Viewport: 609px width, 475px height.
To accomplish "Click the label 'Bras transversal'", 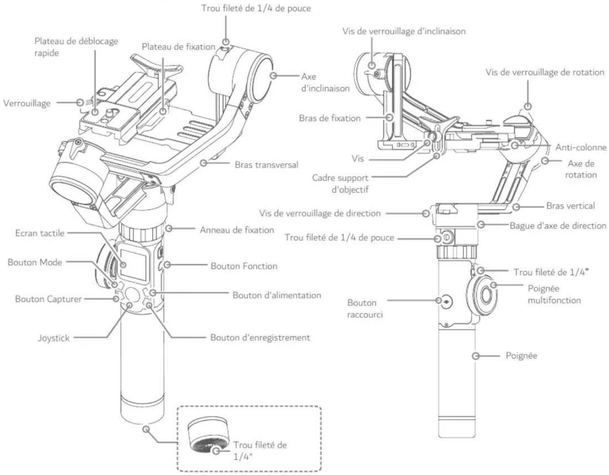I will pyautogui.click(x=266, y=165).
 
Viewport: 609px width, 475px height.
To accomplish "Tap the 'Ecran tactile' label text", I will pyautogui.click(x=40, y=233).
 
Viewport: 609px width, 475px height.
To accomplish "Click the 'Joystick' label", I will pyautogui.click(x=54, y=338).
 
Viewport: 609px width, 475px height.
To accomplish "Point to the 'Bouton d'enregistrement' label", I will pyautogui.click(x=260, y=338).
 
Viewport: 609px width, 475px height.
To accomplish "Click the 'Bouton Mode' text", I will pyautogui.click(x=35, y=262).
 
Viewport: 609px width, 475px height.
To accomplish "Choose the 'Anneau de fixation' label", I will pyautogui.click(x=236, y=230).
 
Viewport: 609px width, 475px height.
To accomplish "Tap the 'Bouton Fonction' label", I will pyautogui.click(x=244, y=266).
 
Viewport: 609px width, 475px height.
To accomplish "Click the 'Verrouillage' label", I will pyautogui.click(x=27, y=103).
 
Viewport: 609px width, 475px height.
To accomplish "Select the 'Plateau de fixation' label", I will pyautogui.click(x=178, y=46).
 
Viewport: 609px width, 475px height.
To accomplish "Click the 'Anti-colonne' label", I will pyautogui.click(x=580, y=147).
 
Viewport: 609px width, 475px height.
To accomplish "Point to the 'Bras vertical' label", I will pyautogui.click(x=570, y=206).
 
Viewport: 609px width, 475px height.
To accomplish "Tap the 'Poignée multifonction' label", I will pyautogui.click(x=554, y=294).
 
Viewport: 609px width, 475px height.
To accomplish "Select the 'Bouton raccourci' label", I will pyautogui.click(x=364, y=308).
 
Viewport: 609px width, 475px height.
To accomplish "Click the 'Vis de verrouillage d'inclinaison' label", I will pyautogui.click(x=403, y=31).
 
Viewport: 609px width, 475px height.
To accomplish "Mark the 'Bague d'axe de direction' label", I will pyautogui.click(x=557, y=225).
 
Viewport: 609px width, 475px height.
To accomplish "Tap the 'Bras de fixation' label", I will pyautogui.click(x=329, y=118).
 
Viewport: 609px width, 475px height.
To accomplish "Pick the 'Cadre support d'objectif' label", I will pyautogui.click(x=340, y=183).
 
